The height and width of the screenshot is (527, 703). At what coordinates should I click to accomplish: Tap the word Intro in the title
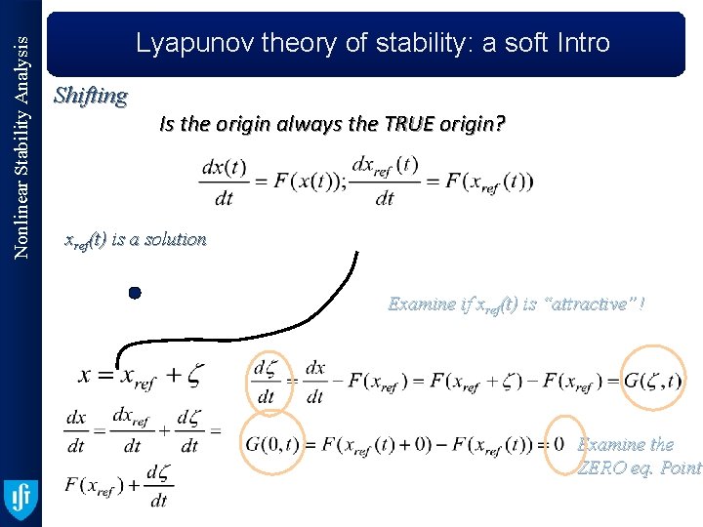pyautogui.click(x=579, y=43)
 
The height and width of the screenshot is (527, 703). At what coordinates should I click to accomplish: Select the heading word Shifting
pyautogui.click(x=91, y=96)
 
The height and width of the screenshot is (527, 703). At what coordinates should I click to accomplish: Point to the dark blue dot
pyautogui.click(x=135, y=293)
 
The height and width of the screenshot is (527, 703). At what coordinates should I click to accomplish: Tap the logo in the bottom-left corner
pyautogui.click(x=21, y=501)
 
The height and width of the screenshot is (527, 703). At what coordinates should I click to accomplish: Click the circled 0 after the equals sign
pyautogui.click(x=558, y=444)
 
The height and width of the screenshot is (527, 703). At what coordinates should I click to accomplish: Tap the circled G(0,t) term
pyautogui.click(x=271, y=444)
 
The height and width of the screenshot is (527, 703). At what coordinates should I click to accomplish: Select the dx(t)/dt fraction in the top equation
pyautogui.click(x=225, y=181)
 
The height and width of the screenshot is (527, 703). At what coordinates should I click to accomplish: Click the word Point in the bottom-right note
pyautogui.click(x=681, y=467)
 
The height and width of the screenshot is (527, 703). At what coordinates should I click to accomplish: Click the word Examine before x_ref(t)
pyautogui.click(x=421, y=304)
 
